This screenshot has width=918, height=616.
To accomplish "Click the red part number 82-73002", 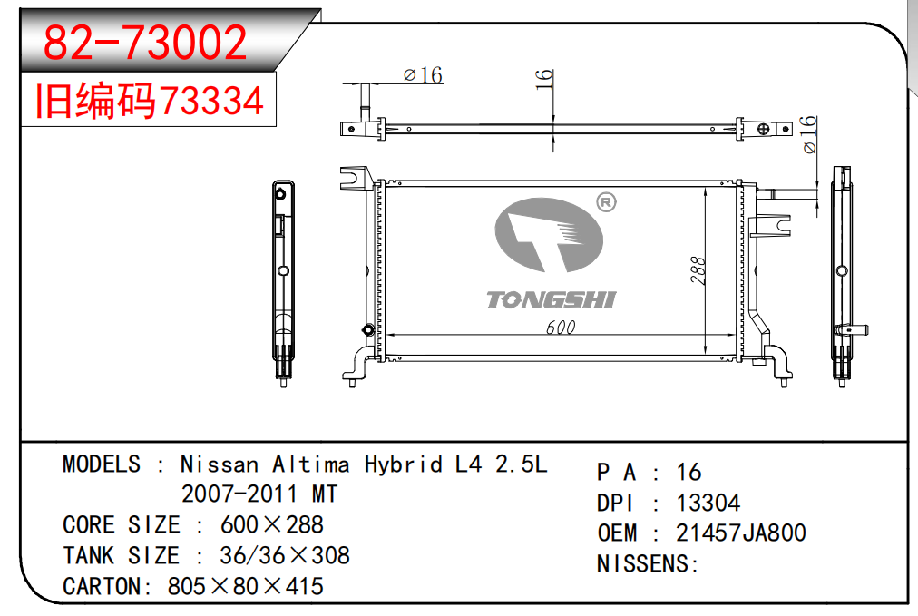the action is tap(145, 42).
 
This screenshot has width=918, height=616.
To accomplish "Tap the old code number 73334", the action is tap(211, 101).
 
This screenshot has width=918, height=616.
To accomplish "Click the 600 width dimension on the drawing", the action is tap(561, 328).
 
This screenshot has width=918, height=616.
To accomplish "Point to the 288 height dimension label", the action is tap(698, 270).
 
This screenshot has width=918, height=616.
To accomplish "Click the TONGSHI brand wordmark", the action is tap(551, 299).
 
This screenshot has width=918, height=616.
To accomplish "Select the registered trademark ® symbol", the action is tap(606, 202).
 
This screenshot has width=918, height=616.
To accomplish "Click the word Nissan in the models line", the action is tap(219, 464).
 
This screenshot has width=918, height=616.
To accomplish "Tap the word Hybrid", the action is tap(404, 464).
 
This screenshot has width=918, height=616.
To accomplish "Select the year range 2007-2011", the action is tap(239, 494).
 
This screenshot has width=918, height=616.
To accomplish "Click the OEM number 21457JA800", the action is tap(740, 533).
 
